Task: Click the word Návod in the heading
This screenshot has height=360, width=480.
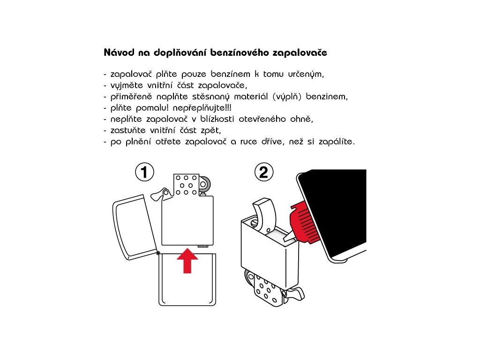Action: pos(119,52)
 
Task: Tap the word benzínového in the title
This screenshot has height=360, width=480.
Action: pos(240,52)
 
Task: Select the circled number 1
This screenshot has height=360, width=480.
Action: pos(144,172)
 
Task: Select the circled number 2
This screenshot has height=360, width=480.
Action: pos(263,172)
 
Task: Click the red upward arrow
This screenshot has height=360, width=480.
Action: pos(187,261)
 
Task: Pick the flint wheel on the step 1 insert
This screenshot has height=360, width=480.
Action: pos(204,184)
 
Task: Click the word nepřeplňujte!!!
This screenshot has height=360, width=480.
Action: pos(202,108)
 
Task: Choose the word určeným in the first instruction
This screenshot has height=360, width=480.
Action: pos(306,75)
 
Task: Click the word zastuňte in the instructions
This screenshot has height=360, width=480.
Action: pos(128,130)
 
